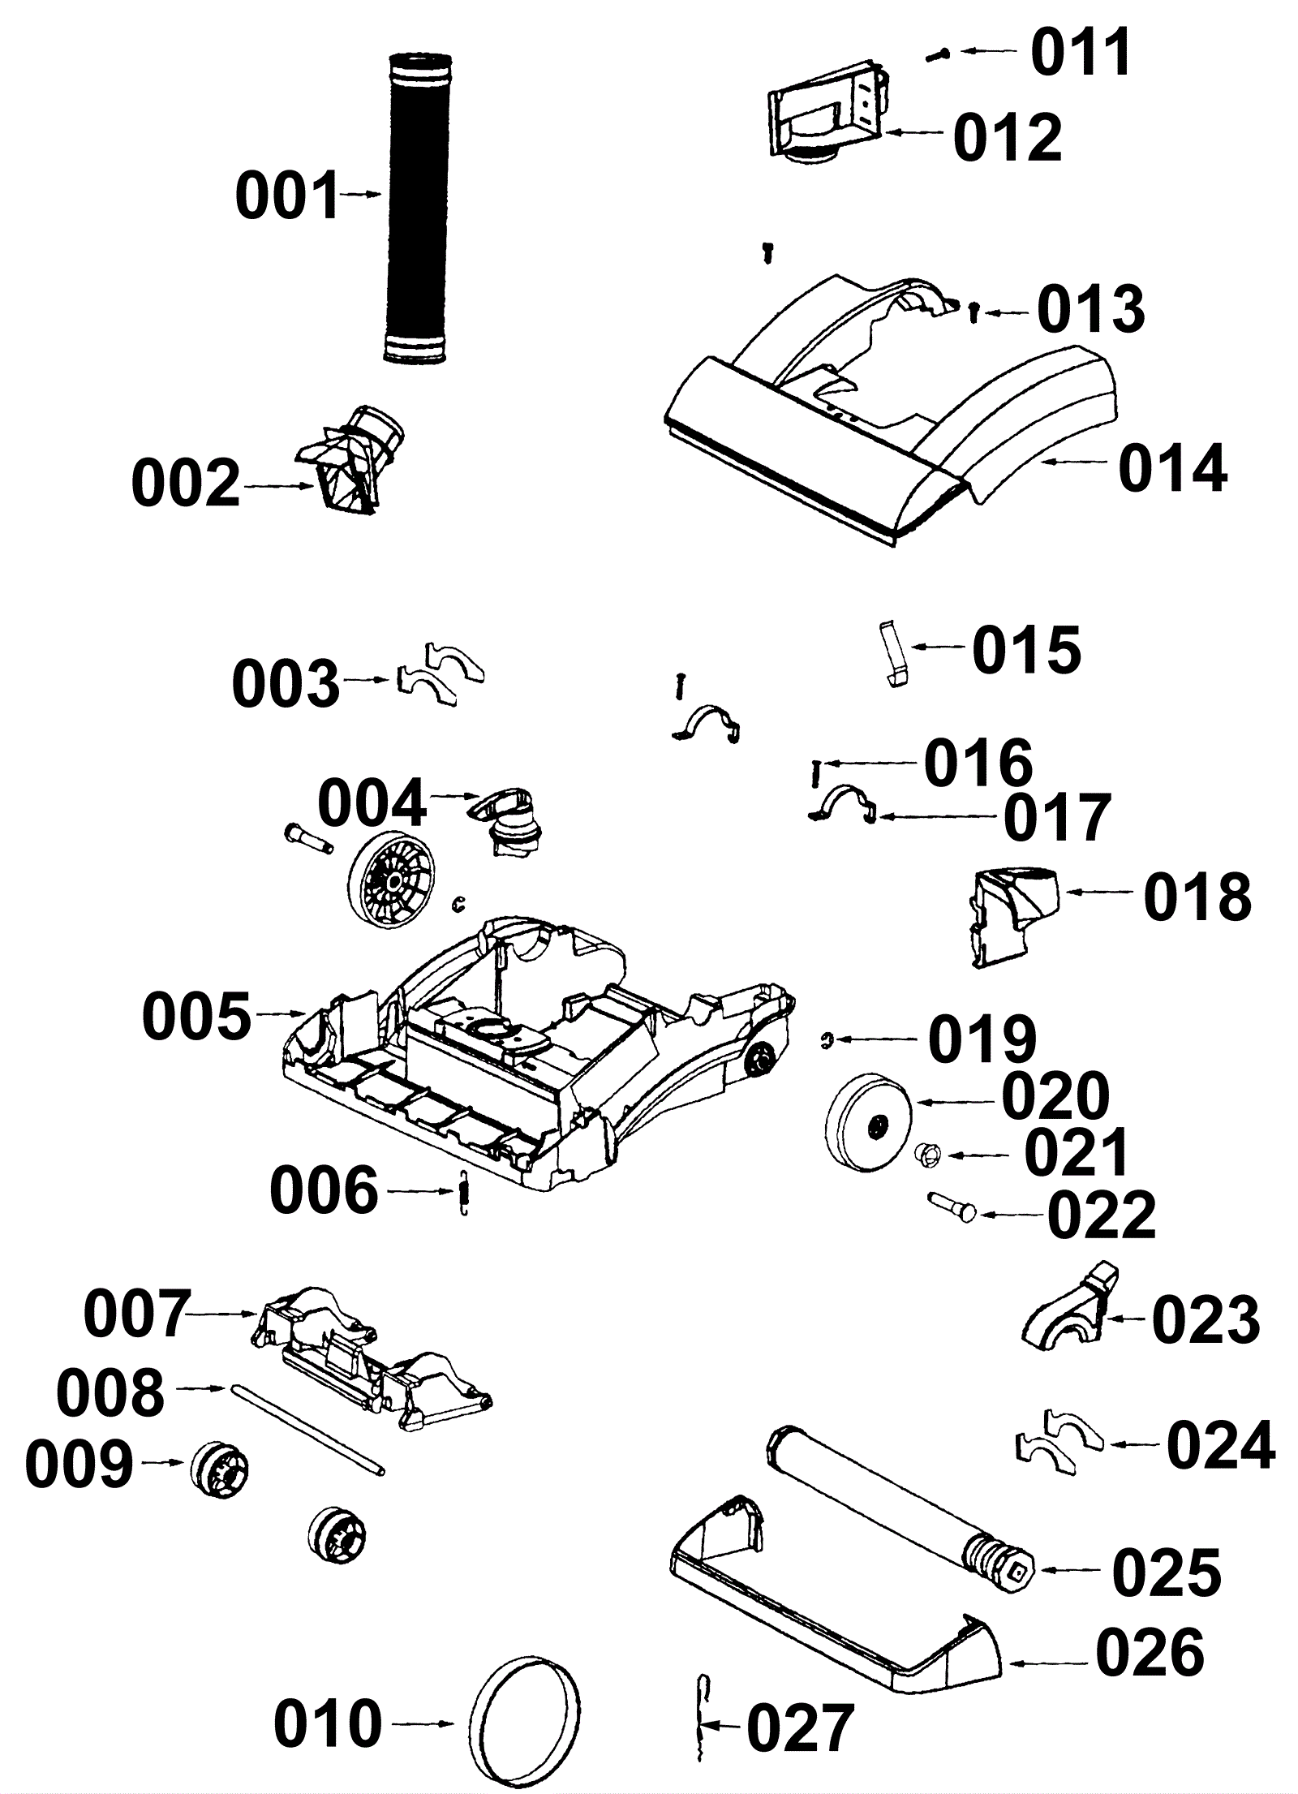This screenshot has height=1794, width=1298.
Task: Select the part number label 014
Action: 1172,468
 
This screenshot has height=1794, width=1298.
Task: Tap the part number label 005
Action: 197,1017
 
